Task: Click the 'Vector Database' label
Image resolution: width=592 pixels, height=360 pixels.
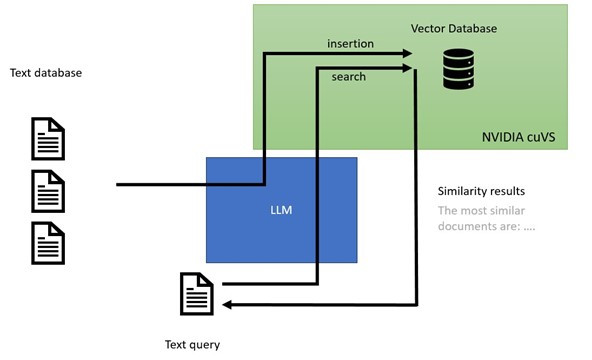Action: tap(454, 29)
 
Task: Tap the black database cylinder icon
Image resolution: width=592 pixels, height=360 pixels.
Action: tap(458, 69)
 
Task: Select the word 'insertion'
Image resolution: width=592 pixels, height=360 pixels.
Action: tap(350, 44)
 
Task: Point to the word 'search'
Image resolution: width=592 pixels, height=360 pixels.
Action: tap(348, 77)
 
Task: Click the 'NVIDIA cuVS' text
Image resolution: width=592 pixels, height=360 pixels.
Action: tap(518, 137)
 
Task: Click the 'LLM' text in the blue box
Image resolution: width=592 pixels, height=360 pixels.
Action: tap(281, 210)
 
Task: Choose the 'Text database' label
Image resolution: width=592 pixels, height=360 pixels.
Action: tap(46, 73)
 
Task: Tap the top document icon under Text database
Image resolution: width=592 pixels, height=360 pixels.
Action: tap(48, 139)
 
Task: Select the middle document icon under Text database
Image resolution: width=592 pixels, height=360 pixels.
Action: tap(48, 191)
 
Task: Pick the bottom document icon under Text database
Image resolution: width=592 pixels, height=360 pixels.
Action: tap(48, 243)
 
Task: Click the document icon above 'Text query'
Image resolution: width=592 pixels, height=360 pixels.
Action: tap(197, 294)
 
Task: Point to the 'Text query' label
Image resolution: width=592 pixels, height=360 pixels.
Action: tap(192, 345)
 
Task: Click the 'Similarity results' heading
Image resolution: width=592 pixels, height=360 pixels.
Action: tap(481, 191)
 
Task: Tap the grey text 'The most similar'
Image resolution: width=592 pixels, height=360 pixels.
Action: tap(481, 211)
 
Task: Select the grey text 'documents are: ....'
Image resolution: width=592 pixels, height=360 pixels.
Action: tap(486, 226)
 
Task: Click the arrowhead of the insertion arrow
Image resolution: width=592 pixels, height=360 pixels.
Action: tap(407, 54)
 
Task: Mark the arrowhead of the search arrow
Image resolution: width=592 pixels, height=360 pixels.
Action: tap(407, 68)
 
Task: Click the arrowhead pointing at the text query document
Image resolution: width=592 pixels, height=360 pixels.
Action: tap(227, 305)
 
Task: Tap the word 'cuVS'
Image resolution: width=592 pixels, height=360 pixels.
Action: tap(541, 137)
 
